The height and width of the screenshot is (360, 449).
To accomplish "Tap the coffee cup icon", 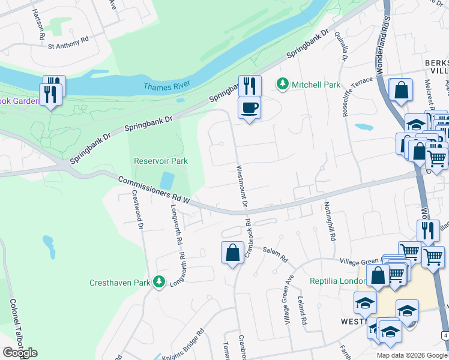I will (249, 108).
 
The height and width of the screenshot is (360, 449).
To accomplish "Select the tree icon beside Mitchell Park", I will (283, 85).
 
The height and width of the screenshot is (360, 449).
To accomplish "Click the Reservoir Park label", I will (160, 161).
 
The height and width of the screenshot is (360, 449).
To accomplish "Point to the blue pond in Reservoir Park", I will (168, 181).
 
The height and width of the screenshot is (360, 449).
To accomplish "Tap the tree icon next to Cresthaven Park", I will (158, 281).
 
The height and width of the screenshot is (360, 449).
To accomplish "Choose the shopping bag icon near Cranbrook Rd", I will (232, 253).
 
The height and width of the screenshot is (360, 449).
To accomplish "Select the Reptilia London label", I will (335, 281).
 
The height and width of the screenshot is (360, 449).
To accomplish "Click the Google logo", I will (20, 352).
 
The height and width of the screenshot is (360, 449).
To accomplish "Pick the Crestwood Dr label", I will (137, 210).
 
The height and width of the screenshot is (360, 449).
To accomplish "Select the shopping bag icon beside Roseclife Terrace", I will (400, 91).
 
